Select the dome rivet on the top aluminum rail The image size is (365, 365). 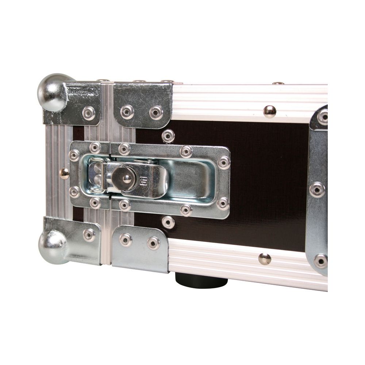click(270, 111)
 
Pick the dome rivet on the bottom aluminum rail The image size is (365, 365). click(265, 258)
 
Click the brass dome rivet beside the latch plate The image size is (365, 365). click(64, 173)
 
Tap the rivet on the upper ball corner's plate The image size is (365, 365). click(88, 113)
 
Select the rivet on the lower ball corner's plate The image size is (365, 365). click(89, 234)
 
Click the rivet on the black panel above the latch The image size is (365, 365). click(168, 136)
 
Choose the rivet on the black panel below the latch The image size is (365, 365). click(168, 222)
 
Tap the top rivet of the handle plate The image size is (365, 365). click(323, 117)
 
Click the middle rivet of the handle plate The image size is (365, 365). click(317, 189)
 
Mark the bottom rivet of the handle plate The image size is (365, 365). click(321, 261)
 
